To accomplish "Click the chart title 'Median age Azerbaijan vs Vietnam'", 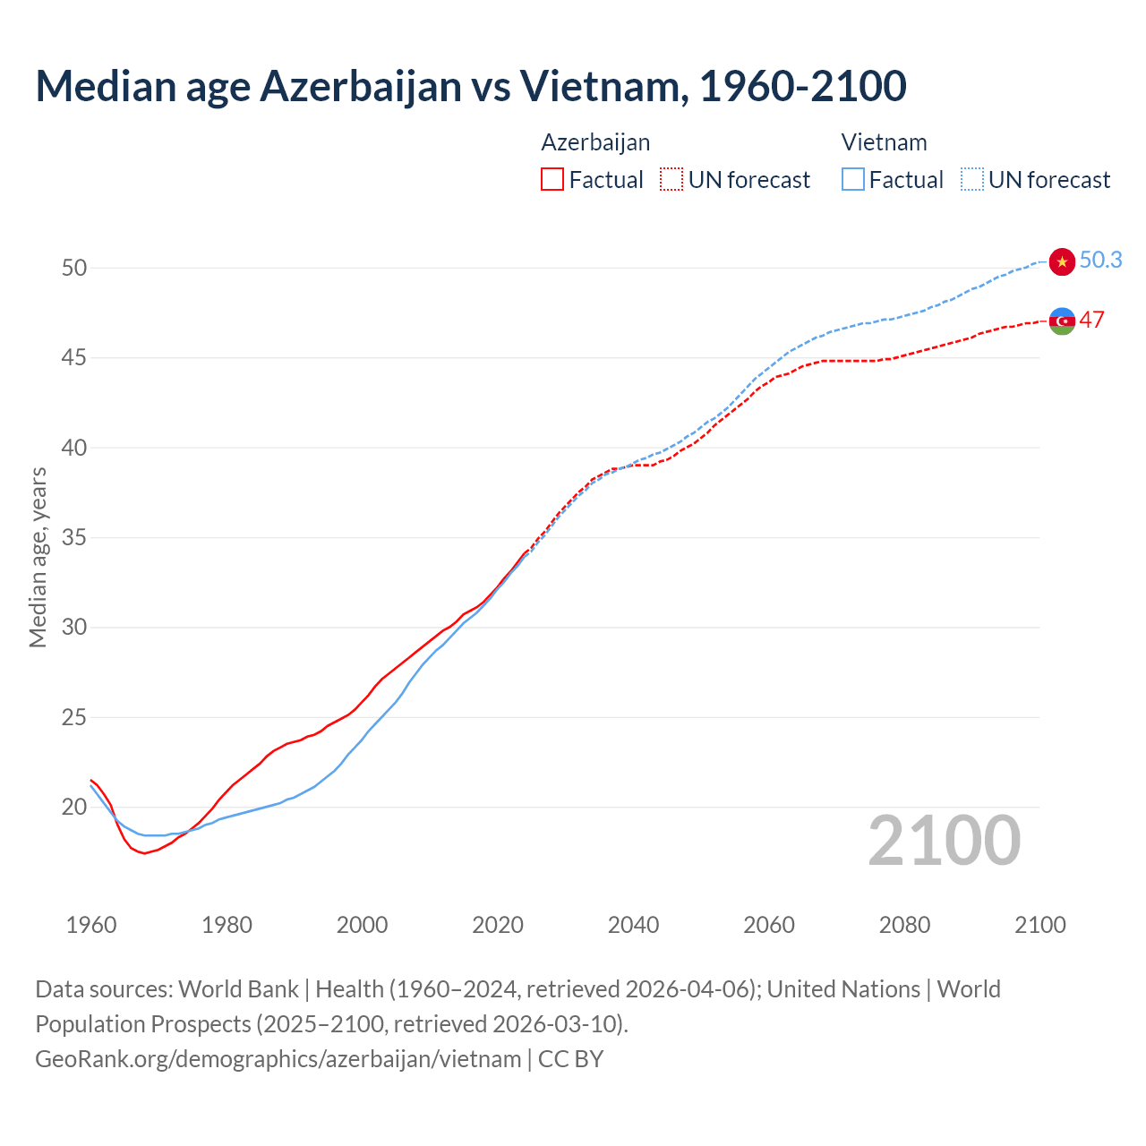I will tap(470, 87).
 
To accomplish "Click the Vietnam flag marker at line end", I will tap(1062, 261).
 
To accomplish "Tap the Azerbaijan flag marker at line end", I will tap(1062, 321).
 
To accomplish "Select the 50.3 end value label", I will tap(1100, 260).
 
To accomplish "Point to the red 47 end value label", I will tap(1091, 320).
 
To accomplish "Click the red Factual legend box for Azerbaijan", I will tap(552, 180).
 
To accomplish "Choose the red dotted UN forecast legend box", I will tap(671, 180).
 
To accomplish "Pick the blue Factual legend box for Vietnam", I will tap(853, 180).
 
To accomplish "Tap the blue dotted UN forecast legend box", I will tap(972, 180).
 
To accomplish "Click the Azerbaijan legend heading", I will tap(595, 142).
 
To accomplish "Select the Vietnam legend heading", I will tap(884, 142).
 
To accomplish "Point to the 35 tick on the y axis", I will tap(74, 538).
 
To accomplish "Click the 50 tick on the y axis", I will tap(74, 268).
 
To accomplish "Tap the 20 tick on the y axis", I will tap(74, 808).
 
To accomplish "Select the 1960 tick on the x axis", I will tap(91, 925).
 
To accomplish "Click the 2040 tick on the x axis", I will tap(633, 925).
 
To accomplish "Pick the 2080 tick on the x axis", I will tap(904, 925).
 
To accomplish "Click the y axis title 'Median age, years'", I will tap(38, 557).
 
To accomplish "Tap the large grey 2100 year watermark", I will tap(944, 841).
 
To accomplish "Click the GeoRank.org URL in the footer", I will tap(278, 1059).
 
